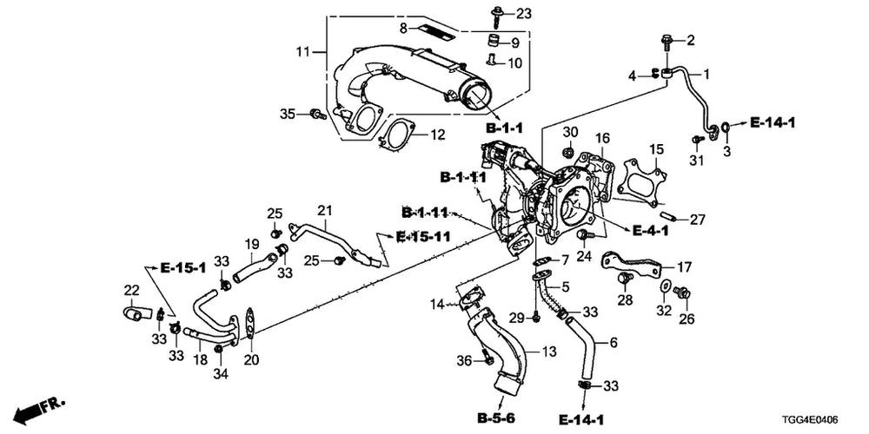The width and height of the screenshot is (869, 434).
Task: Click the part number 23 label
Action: coord(508,13)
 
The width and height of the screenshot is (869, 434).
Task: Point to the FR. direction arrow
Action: coord(39,409)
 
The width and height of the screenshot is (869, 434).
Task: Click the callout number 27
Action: coord(697,220)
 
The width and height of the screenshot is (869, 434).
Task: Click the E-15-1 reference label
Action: coord(183,268)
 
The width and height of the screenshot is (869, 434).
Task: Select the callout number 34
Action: coord(220,375)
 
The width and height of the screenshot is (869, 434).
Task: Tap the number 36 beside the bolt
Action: coord(464,361)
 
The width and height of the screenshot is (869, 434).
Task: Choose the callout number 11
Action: coord(302,53)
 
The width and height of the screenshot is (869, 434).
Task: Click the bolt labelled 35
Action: coord(317,114)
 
